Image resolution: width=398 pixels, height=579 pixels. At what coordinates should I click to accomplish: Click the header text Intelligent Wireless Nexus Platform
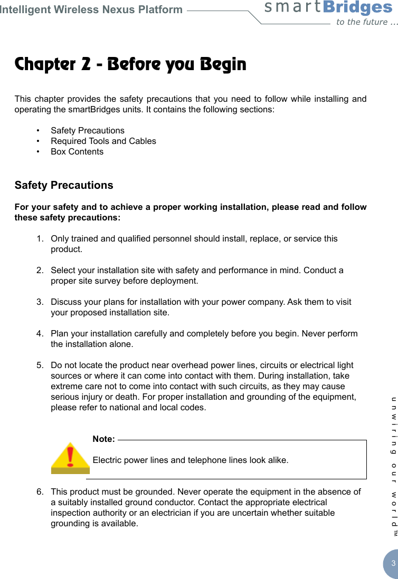coord(91,9)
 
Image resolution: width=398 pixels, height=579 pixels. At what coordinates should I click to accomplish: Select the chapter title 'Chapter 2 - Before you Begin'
coord(130,65)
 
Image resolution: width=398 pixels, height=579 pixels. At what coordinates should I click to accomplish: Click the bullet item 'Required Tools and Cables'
coord(103,141)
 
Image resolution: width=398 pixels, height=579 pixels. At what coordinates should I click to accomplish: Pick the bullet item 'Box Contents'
coord(77,151)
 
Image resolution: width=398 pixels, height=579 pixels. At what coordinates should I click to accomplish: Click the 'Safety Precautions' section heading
coord(64,185)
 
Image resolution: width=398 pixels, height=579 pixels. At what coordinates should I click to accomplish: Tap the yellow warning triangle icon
coord(70,458)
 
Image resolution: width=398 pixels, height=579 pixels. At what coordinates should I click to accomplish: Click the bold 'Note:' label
coord(103,439)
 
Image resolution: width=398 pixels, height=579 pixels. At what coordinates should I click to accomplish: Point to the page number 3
coord(393,564)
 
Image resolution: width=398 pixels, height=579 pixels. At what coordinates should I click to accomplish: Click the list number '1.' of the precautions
coord(40,239)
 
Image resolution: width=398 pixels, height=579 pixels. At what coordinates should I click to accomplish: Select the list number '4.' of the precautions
coord(40,334)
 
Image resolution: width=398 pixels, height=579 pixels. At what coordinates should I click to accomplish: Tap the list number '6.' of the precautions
coord(40,492)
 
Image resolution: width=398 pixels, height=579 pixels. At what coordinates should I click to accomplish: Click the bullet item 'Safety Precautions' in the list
coord(88,130)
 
